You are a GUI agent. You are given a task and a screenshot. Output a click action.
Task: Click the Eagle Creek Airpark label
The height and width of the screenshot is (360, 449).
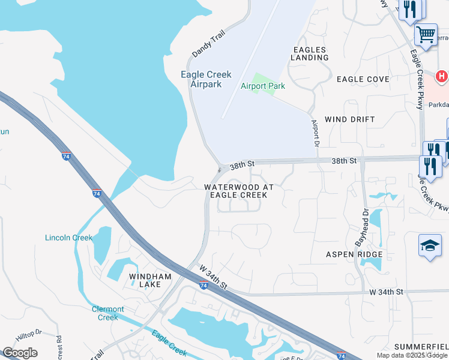pyautogui.click(x=206, y=79)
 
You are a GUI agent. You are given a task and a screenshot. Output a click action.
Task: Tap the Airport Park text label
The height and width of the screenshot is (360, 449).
pyautogui.click(x=262, y=86)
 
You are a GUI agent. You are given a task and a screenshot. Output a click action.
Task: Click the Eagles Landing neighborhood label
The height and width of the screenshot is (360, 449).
pyautogui.click(x=310, y=53)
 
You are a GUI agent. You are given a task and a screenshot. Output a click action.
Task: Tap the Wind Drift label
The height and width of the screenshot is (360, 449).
pyautogui.click(x=349, y=119)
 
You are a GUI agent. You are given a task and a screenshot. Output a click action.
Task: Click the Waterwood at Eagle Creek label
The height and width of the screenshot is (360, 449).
pyautogui.click(x=239, y=191)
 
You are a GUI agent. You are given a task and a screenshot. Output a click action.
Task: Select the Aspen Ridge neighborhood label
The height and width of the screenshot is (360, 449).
pyautogui.click(x=354, y=254)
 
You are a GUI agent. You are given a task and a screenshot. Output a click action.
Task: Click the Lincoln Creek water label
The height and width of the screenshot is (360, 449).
pyautogui.click(x=69, y=238)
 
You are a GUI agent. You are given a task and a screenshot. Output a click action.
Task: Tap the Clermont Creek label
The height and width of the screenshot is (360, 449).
pyautogui.click(x=108, y=313)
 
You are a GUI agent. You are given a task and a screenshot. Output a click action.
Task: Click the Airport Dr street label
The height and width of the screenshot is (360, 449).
pyautogui.click(x=315, y=133)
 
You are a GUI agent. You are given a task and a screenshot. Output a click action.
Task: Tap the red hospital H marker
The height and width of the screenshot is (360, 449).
pyautogui.click(x=442, y=77)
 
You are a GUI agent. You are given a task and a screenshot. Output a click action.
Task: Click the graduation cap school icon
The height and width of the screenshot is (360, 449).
pyautogui.click(x=430, y=245)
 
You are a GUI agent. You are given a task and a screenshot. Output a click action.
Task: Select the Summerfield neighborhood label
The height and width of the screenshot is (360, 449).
pyautogui.click(x=421, y=347)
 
